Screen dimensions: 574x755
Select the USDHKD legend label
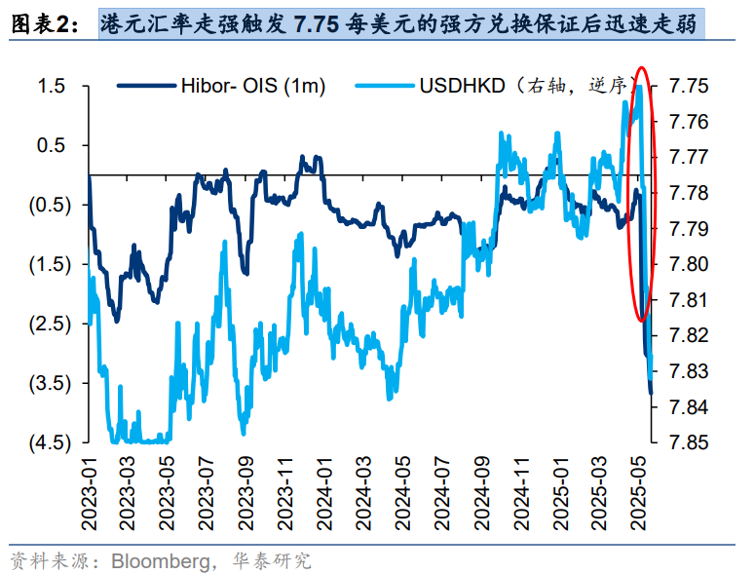(462, 87)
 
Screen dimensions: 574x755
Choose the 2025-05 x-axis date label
(638, 495)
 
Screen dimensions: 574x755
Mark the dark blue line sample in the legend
(142, 87)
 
